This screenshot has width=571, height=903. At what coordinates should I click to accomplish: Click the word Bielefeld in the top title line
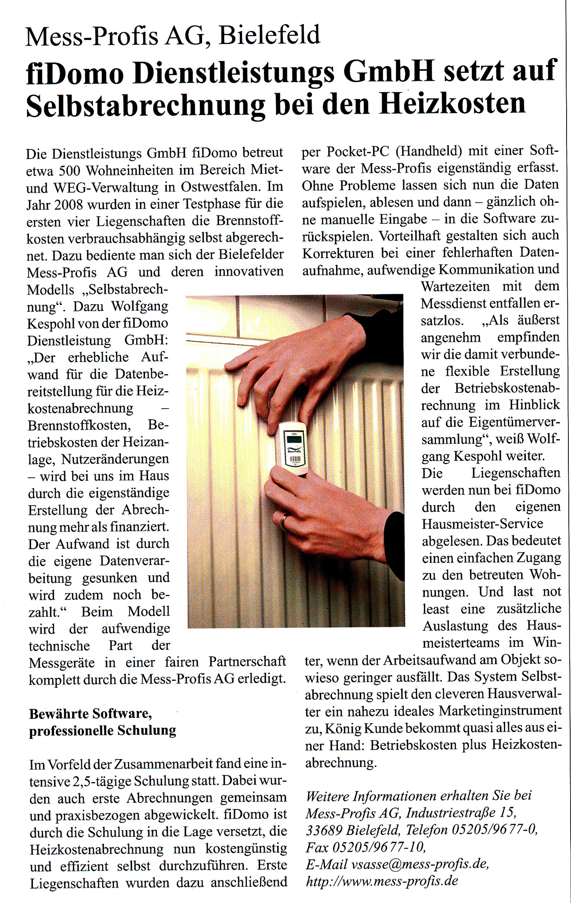(269, 35)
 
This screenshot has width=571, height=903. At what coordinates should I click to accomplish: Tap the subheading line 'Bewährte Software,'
(90, 714)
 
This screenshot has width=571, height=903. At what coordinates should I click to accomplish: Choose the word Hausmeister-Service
(482, 524)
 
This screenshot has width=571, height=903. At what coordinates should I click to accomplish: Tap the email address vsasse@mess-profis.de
(420, 863)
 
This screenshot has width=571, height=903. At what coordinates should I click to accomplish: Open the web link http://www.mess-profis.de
(382, 881)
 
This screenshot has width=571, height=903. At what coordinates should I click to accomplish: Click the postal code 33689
(324, 830)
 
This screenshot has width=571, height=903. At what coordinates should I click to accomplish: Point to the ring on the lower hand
(285, 522)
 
